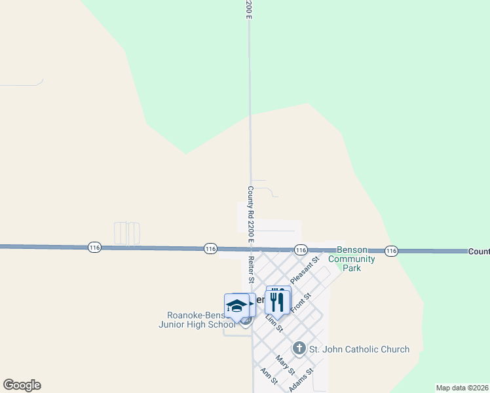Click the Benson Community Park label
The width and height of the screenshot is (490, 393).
(352, 259)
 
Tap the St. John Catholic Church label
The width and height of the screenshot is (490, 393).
(360, 349)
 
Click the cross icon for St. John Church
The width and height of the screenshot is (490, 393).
(299, 348)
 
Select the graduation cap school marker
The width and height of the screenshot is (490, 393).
(236, 305)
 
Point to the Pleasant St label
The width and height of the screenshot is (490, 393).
(304, 269)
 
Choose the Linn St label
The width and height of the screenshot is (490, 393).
(274, 322)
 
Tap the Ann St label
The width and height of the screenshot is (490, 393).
(269, 376)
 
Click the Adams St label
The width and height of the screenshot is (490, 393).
(302, 379)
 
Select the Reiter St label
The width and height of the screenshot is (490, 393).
(252, 269)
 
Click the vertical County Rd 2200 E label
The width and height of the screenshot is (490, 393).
(250, 212)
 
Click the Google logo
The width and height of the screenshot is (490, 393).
(22, 385)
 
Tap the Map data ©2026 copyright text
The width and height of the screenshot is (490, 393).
(462, 388)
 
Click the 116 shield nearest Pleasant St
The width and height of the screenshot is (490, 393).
(301, 250)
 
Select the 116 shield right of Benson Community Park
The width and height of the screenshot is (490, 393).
(391, 251)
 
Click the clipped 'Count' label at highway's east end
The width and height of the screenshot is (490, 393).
(478, 252)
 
